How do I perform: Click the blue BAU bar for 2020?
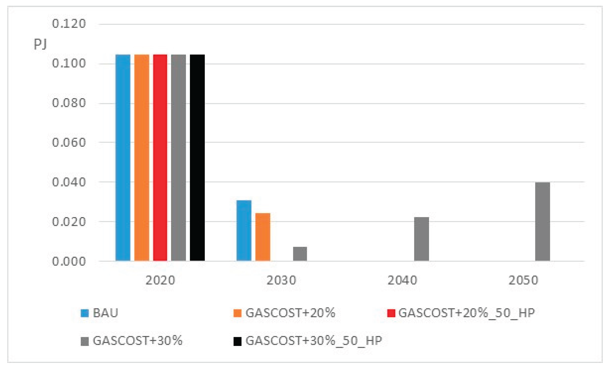(x=123, y=158)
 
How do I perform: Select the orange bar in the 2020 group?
(x=142, y=158)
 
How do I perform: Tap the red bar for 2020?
(x=160, y=158)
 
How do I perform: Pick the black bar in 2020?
(x=197, y=158)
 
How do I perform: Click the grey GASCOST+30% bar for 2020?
(x=178, y=158)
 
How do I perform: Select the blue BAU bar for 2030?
(x=244, y=231)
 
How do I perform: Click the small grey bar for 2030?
(x=300, y=254)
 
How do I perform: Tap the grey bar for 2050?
(x=542, y=222)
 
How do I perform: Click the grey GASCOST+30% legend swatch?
(x=85, y=341)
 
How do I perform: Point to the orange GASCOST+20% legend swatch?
(x=237, y=313)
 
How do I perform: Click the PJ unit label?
(x=40, y=44)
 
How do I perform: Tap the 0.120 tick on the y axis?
(x=69, y=24)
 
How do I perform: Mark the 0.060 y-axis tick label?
(x=69, y=143)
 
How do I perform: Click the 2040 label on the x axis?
(x=402, y=280)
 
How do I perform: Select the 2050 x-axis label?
(x=523, y=280)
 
